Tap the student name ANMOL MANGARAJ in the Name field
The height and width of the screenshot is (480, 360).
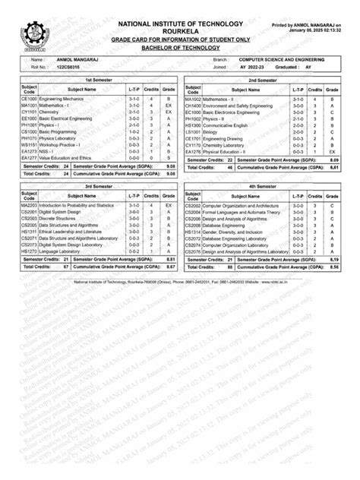point(78,58)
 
